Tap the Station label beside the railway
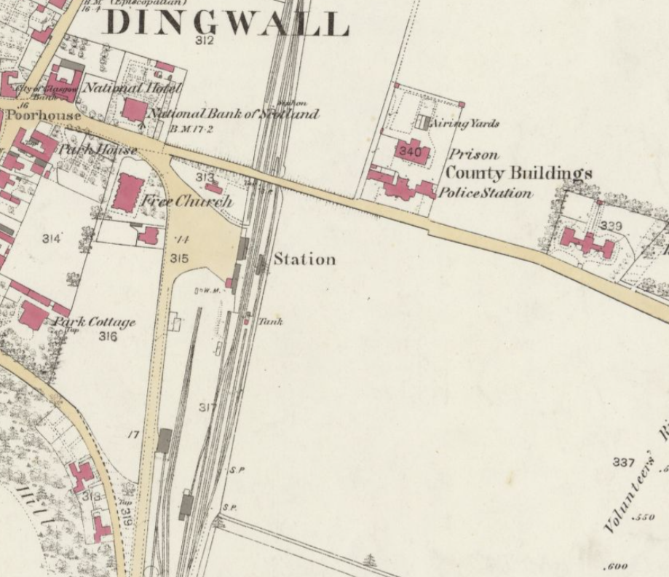[x=304, y=259]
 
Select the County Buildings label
[x=518, y=173]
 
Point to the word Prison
[x=474, y=154]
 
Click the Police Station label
[x=484, y=193]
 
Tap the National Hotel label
[x=132, y=88]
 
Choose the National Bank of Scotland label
[x=234, y=114]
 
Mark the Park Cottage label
[x=93, y=322]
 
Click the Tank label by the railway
[x=271, y=321]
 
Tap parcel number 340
[x=411, y=152]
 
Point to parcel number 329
[x=610, y=227]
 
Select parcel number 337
[x=623, y=463]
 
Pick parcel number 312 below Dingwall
[x=205, y=41]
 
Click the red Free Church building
[x=128, y=192]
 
